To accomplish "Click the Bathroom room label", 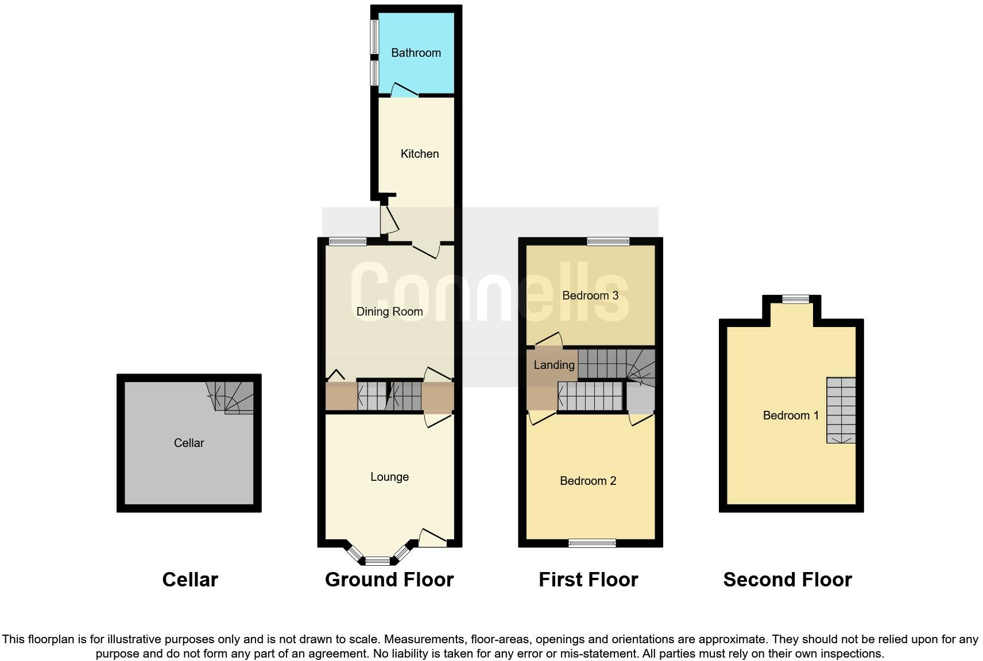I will click(416, 53).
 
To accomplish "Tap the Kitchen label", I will click(419, 154).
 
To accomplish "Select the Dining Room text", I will click(389, 312).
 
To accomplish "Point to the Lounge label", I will click(389, 477).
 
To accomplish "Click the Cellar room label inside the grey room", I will click(189, 443).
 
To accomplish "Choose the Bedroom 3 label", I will click(590, 295).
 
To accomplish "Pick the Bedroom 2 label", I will click(588, 481).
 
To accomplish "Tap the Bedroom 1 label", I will click(790, 415).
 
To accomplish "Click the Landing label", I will click(554, 365).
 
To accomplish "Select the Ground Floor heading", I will click(389, 580).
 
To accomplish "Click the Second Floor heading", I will click(787, 580).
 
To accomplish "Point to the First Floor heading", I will click(588, 580).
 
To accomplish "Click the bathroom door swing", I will click(404, 90).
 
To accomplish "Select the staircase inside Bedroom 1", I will click(841, 410).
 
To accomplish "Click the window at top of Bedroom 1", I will click(795, 299).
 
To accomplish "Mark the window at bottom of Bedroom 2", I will click(592, 543).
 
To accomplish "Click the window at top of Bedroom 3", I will click(608, 242).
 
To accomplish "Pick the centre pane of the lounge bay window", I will click(377, 561).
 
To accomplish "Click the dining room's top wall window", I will click(347, 242).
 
